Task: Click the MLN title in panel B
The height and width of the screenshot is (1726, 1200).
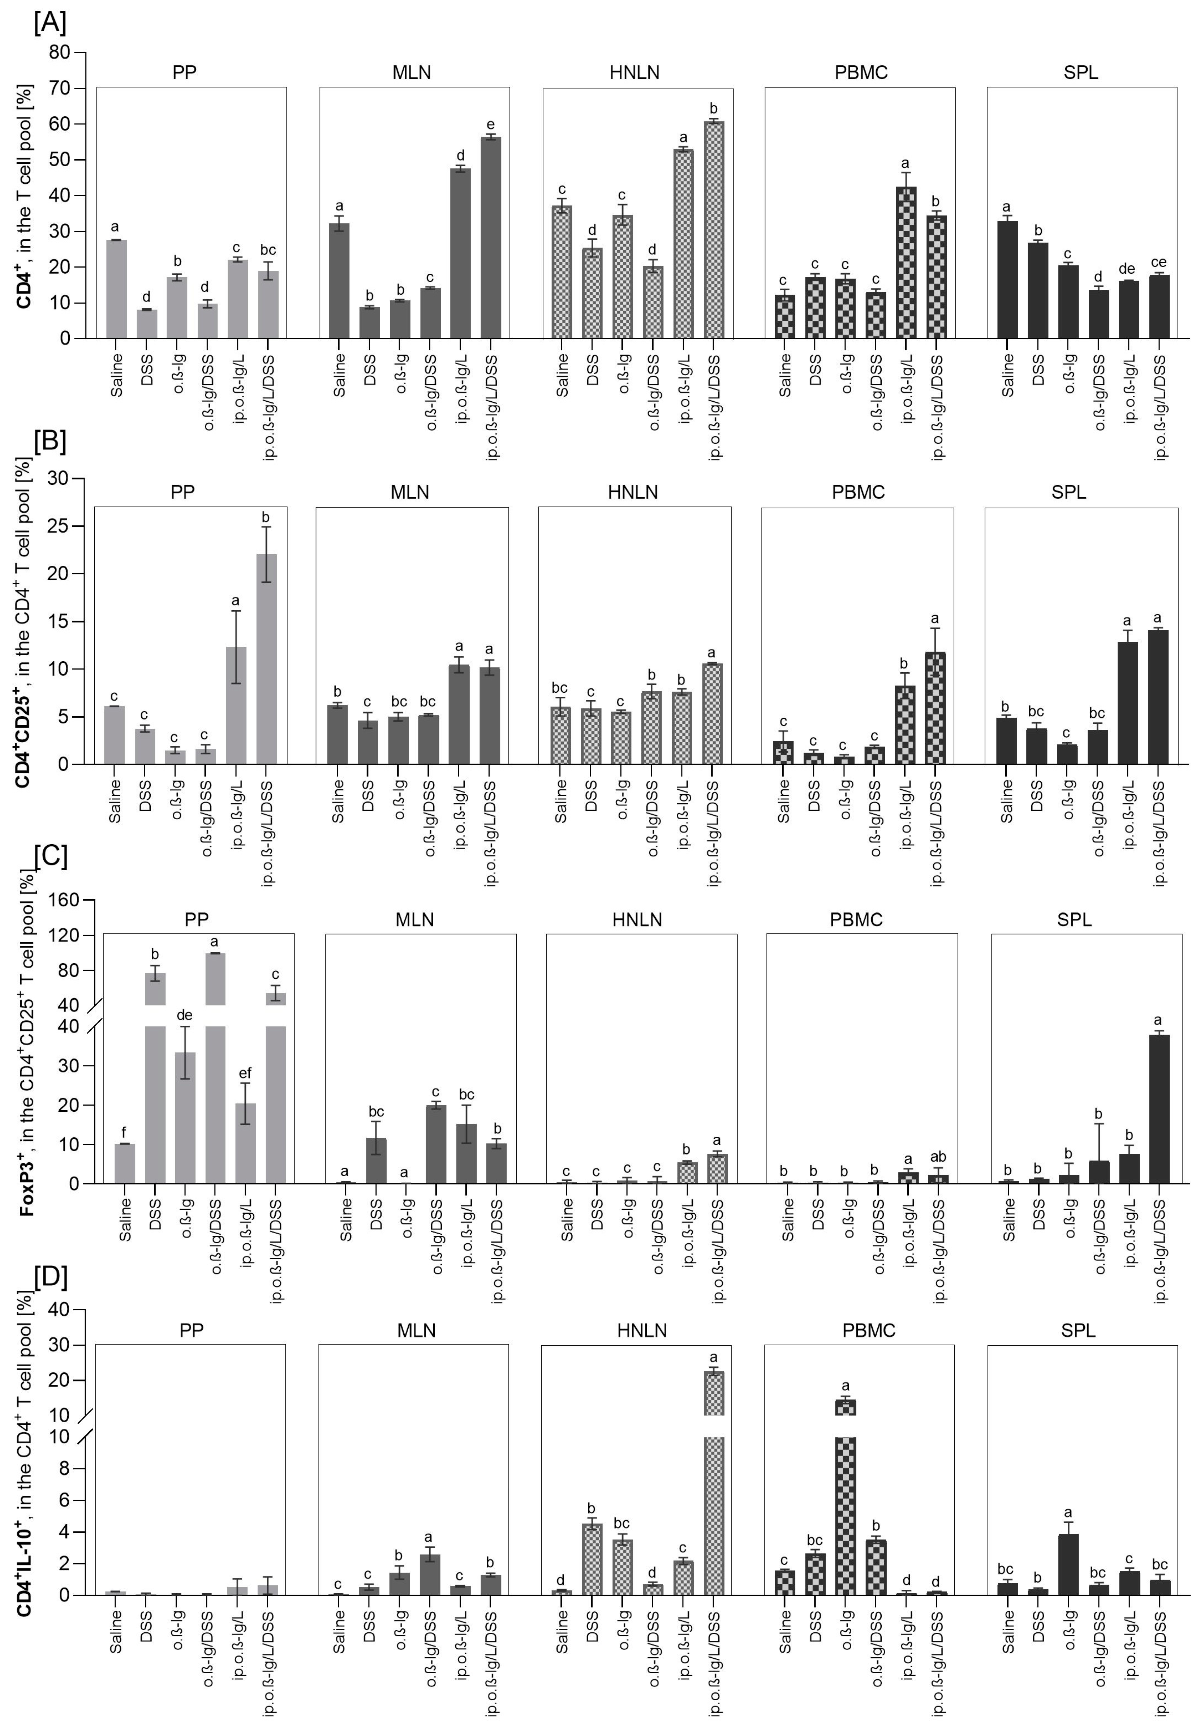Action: click(409, 492)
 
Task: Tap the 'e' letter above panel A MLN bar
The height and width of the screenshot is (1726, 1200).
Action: click(491, 125)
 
